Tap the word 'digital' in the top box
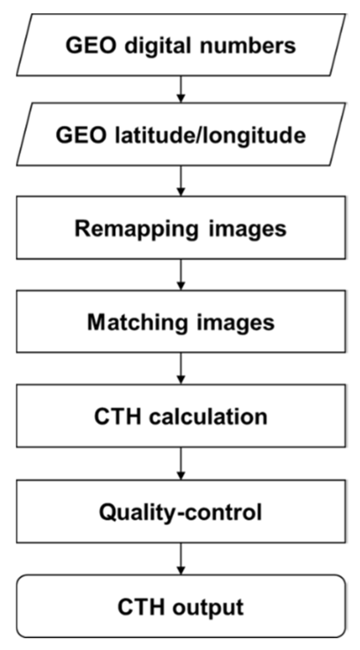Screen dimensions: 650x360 pos(149,45)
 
